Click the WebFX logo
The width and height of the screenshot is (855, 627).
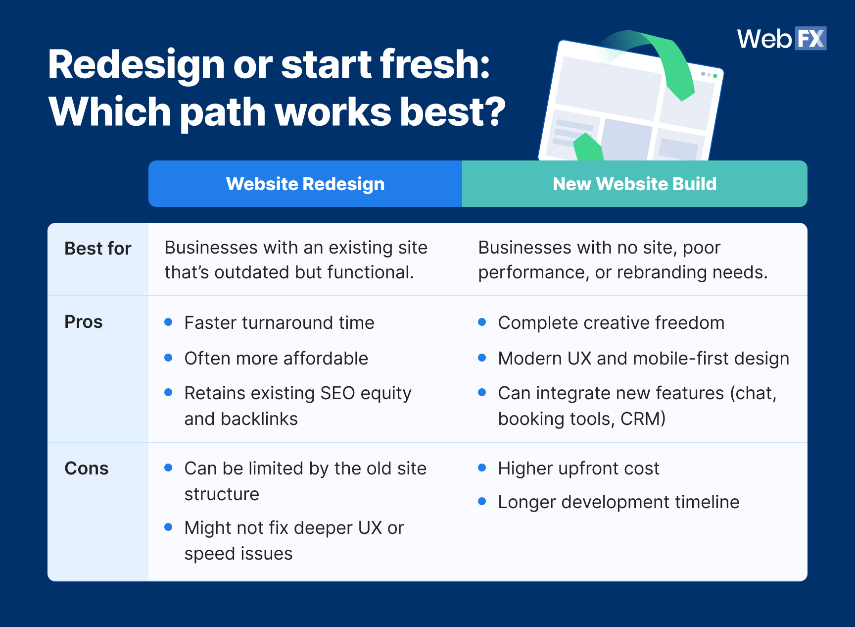click(781, 39)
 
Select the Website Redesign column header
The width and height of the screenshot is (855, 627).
click(305, 184)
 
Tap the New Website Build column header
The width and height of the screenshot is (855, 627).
click(634, 184)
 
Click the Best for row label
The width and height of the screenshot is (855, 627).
click(97, 248)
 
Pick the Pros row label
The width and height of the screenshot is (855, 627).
click(84, 322)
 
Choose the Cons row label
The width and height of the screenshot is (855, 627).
click(87, 469)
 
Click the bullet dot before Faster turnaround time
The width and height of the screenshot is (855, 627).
click(168, 322)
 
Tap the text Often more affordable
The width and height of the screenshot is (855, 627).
click(276, 358)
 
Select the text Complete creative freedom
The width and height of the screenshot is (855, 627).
click(611, 323)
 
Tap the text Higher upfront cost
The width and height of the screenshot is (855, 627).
click(578, 469)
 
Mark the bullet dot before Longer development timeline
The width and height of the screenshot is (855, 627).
click(482, 502)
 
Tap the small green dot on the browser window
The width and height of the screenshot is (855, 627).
click(715, 76)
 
